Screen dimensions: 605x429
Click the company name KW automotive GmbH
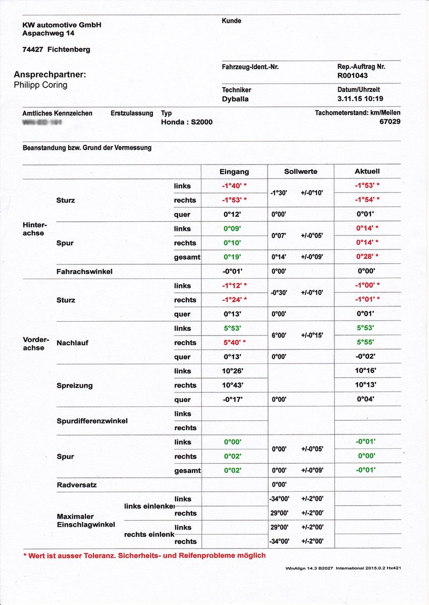click(62, 25)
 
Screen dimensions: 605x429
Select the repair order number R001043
click(352, 76)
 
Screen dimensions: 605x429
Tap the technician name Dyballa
click(235, 99)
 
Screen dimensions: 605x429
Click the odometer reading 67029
click(390, 122)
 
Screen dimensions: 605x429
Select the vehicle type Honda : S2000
click(186, 122)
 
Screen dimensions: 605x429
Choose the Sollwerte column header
click(300, 171)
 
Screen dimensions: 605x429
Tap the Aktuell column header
click(367, 171)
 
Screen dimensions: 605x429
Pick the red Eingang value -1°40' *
click(234, 186)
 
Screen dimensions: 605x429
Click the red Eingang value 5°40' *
click(234, 342)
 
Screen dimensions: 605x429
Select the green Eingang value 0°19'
click(233, 257)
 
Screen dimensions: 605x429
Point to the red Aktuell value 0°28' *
click(367, 257)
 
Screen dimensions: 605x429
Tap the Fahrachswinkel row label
click(84, 271)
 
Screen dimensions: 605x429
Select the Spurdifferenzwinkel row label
click(92, 420)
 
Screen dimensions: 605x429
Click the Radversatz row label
click(76, 485)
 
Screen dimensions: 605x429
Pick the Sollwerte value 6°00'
click(279, 335)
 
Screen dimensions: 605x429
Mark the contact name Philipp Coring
click(40, 85)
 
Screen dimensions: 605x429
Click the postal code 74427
click(33, 49)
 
